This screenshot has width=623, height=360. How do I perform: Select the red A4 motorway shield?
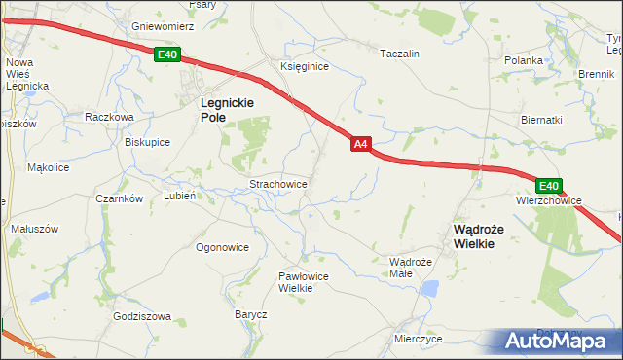pyautogui.click(x=360, y=144)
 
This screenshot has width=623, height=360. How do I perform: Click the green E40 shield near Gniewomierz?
pyautogui.click(x=166, y=55)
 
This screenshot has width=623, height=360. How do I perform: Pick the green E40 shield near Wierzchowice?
pyautogui.click(x=548, y=186)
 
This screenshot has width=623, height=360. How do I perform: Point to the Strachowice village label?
pyautogui.click(x=279, y=183)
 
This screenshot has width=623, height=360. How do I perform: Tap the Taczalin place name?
pyautogui.click(x=399, y=54)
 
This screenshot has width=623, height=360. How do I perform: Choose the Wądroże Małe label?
pyautogui.click(x=410, y=268)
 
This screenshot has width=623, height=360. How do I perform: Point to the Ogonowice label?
pyautogui.click(x=222, y=247)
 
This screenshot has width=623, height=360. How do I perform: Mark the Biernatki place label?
pyautogui.click(x=541, y=120)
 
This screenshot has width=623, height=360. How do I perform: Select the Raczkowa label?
pyautogui.click(x=108, y=116)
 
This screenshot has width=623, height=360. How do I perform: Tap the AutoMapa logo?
pyautogui.click(x=559, y=341)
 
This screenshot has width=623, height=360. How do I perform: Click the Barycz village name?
pyautogui.click(x=250, y=315)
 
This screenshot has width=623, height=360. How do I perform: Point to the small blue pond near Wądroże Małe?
pyautogui.click(x=429, y=288)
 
